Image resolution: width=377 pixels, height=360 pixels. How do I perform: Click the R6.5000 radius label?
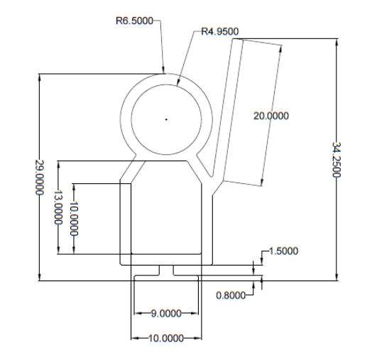click(134, 21)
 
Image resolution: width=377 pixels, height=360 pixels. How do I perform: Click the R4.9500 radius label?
click(220, 31)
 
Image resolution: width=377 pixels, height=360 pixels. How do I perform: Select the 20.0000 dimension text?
click(271, 116)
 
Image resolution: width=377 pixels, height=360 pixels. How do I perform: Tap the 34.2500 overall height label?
click(337, 160)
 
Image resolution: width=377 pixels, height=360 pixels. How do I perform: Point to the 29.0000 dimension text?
click(40, 178)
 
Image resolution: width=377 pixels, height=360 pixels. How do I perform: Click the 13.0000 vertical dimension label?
click(58, 207)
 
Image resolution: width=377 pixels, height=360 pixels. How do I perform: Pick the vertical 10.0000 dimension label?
click(74, 219)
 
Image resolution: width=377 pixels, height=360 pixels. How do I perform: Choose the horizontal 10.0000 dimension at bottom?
click(166, 339)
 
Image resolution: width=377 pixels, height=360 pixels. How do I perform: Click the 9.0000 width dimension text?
click(166, 313)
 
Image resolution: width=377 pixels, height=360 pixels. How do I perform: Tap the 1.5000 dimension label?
click(283, 251)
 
